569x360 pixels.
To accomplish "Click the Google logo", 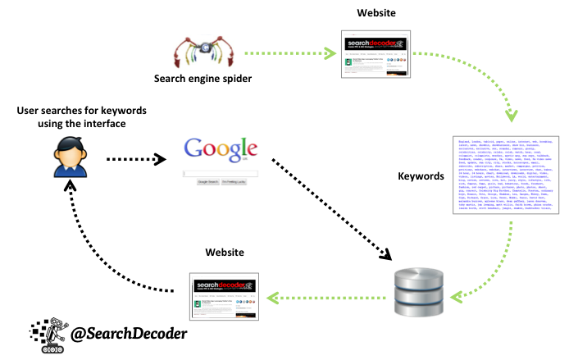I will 216,151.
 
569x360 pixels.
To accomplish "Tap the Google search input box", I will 220,174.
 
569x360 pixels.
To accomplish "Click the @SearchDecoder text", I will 129,334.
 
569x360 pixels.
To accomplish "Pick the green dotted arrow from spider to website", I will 291,55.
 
